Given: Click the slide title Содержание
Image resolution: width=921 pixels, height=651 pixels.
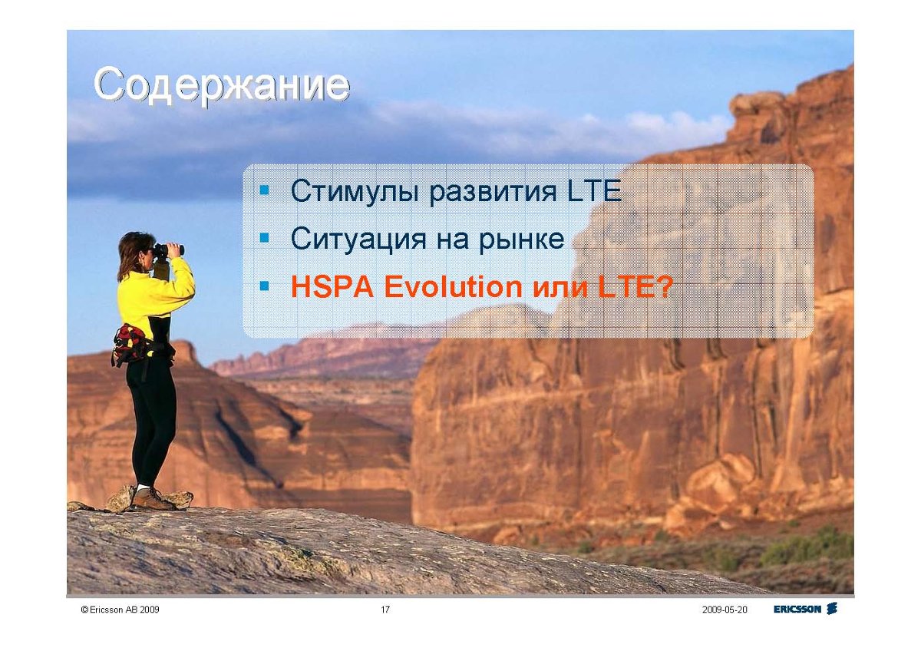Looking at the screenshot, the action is [222, 85].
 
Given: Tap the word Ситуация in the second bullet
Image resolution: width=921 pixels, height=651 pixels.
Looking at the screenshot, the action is [358, 240].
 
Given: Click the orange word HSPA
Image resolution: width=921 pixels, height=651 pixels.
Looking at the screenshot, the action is [332, 286].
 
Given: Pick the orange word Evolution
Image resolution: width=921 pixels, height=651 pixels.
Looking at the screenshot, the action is [453, 286].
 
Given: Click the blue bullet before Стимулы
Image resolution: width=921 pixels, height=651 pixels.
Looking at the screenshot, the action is [265, 190].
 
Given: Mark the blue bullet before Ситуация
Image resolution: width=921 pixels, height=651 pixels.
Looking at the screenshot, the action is [265, 238].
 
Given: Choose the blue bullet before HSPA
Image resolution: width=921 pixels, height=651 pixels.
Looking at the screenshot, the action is [265, 286].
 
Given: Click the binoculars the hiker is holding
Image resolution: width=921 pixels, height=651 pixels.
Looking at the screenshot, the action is [168, 249].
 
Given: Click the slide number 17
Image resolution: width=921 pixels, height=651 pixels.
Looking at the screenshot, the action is [385, 610].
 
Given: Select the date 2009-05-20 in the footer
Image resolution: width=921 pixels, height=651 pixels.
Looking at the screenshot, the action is [725, 610].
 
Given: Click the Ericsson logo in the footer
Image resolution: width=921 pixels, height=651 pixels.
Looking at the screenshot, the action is [805, 609].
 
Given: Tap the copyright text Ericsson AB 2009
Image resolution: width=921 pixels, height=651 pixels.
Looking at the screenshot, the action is [120, 610].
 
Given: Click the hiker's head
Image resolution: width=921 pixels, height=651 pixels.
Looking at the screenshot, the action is [136, 251].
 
